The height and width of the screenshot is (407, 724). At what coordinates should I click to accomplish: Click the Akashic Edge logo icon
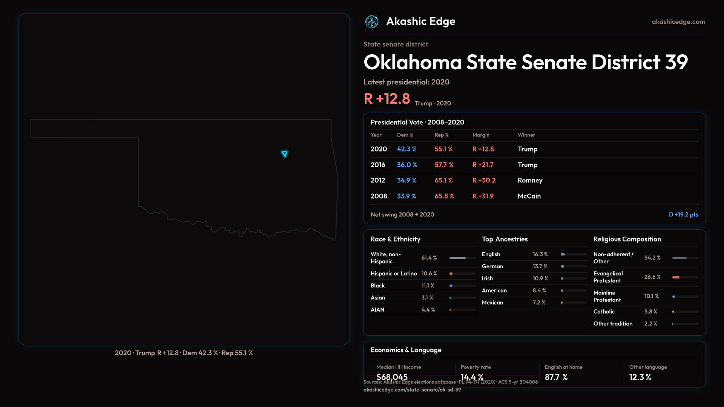371,22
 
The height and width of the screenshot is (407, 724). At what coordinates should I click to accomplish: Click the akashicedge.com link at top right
678,22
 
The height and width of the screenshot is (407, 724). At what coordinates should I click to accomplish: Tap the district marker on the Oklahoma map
284,153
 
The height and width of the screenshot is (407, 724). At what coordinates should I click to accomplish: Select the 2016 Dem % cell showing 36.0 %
406,165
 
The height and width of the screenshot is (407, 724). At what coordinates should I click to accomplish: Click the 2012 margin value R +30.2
484,180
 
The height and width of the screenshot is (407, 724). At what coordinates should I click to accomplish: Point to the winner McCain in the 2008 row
529,196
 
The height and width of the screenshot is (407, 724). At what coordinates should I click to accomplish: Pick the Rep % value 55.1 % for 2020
443,149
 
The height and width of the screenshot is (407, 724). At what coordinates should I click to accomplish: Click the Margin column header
480,135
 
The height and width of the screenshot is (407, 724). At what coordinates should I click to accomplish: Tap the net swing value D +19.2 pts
683,214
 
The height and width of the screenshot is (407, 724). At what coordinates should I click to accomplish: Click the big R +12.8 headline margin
387,99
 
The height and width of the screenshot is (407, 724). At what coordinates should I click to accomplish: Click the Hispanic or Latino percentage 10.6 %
429,274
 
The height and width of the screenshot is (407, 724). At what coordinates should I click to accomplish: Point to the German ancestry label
492,266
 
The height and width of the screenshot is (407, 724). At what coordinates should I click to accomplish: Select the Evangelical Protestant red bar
676,277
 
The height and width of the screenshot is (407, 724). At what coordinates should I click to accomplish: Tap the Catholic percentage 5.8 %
650,312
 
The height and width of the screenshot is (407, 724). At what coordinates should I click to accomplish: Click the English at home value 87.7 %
556,377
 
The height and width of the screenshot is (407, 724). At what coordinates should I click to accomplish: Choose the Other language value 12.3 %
640,377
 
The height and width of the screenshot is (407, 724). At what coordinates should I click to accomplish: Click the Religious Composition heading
627,239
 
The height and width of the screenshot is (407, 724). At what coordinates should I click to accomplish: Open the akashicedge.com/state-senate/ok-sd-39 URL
412,390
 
